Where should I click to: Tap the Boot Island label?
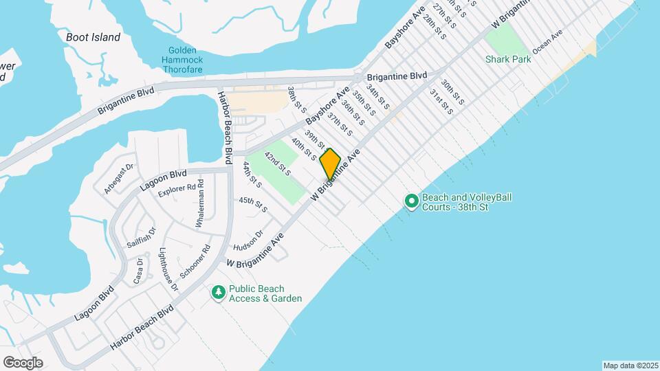[x=93, y=37]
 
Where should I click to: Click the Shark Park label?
[x=507, y=60]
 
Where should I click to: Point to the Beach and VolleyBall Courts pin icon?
[x=412, y=201]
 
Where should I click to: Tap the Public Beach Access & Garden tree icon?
[x=219, y=293]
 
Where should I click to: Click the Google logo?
[x=23, y=362]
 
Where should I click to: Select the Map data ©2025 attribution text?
[x=630, y=366]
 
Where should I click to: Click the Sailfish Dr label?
[x=141, y=238]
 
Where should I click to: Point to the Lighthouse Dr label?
[x=168, y=269]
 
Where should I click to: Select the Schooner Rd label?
[x=194, y=262]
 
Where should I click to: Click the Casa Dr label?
[x=139, y=270]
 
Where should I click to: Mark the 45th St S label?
[x=252, y=203]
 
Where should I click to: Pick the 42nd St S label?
[x=278, y=163]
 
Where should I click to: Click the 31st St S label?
[x=441, y=102]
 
